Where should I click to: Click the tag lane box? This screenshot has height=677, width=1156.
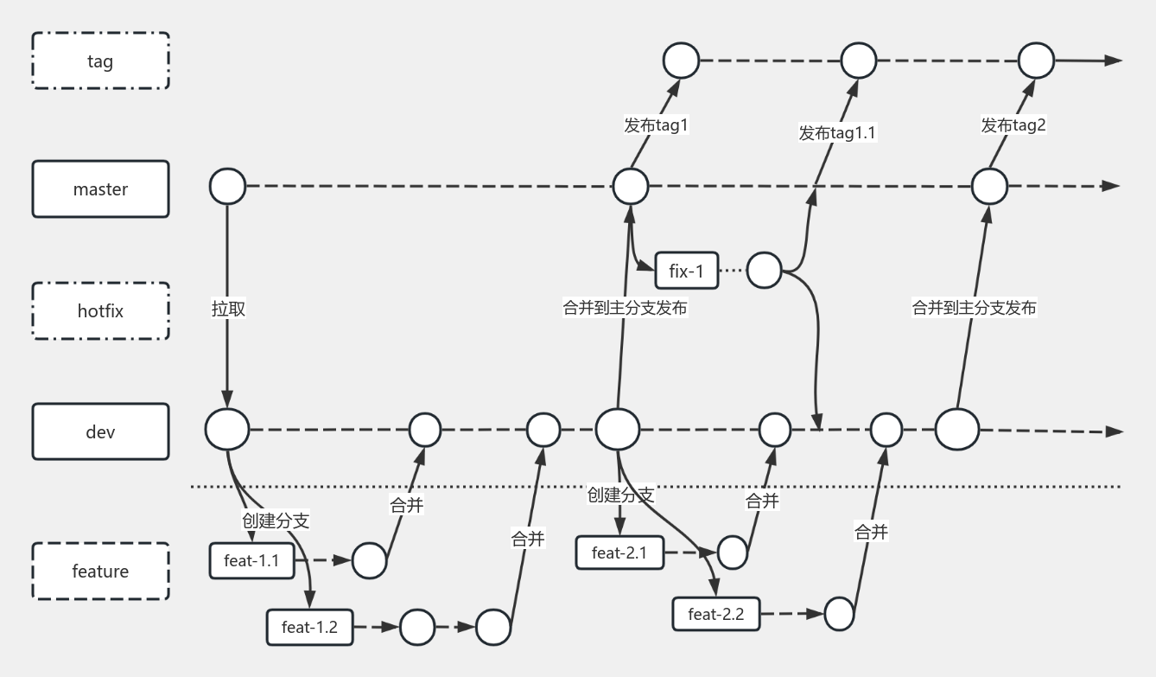click(x=100, y=61)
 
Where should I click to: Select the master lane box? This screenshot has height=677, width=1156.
click(x=100, y=188)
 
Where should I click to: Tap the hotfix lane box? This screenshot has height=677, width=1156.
click(x=100, y=310)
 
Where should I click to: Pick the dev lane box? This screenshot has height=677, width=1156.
click(x=100, y=431)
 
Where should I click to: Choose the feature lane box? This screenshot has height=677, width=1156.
click(x=100, y=572)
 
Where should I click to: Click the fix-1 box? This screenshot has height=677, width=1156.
click(x=687, y=271)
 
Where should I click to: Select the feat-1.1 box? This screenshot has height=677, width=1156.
click(x=251, y=560)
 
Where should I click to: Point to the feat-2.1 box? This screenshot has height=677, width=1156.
click(x=619, y=552)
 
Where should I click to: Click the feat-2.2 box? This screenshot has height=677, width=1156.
click(x=716, y=615)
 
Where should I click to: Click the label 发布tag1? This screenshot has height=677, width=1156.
click(x=656, y=125)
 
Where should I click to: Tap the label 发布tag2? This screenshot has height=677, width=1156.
click(x=1013, y=125)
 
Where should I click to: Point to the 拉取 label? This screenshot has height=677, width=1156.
click(x=228, y=308)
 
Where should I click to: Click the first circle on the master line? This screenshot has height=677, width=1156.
click(x=227, y=186)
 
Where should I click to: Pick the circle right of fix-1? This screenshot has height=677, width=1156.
click(x=764, y=270)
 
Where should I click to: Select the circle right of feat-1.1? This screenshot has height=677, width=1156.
click(x=369, y=560)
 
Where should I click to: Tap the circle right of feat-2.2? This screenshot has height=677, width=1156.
click(x=839, y=614)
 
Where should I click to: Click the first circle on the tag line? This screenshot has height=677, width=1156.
click(x=681, y=61)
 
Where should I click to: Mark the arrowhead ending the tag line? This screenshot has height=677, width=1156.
click(x=1114, y=61)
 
